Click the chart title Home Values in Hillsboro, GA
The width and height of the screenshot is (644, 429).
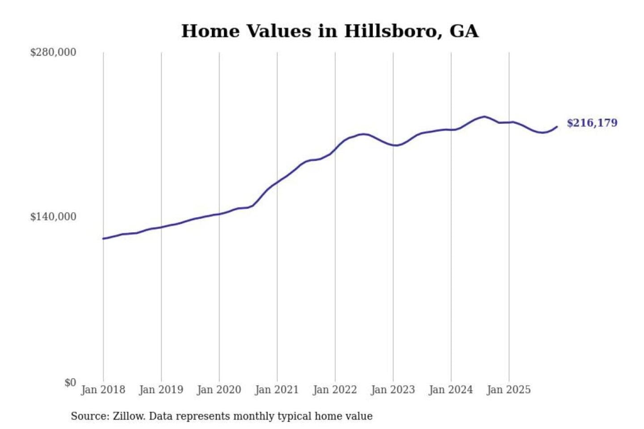click(330, 31)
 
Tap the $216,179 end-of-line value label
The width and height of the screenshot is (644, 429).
click(592, 123)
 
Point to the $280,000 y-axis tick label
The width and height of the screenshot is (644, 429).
click(53, 52)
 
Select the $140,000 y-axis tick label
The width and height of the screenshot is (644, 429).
click(53, 217)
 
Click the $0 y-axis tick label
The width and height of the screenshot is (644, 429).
click(70, 383)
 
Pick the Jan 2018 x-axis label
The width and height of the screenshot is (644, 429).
click(103, 390)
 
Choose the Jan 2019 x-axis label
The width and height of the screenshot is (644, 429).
click(161, 390)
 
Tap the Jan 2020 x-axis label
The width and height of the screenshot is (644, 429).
click(219, 390)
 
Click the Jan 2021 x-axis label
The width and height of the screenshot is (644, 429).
click(277, 390)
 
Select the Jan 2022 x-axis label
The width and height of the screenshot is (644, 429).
click(335, 390)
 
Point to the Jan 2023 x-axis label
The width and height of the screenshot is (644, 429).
click(393, 390)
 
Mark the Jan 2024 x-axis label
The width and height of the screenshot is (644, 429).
click(450, 390)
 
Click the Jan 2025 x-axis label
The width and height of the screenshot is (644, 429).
click(508, 390)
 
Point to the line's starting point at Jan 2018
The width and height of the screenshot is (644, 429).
click(103, 239)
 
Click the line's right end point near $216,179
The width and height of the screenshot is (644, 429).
click(557, 127)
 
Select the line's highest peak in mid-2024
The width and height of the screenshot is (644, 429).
click(484, 117)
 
